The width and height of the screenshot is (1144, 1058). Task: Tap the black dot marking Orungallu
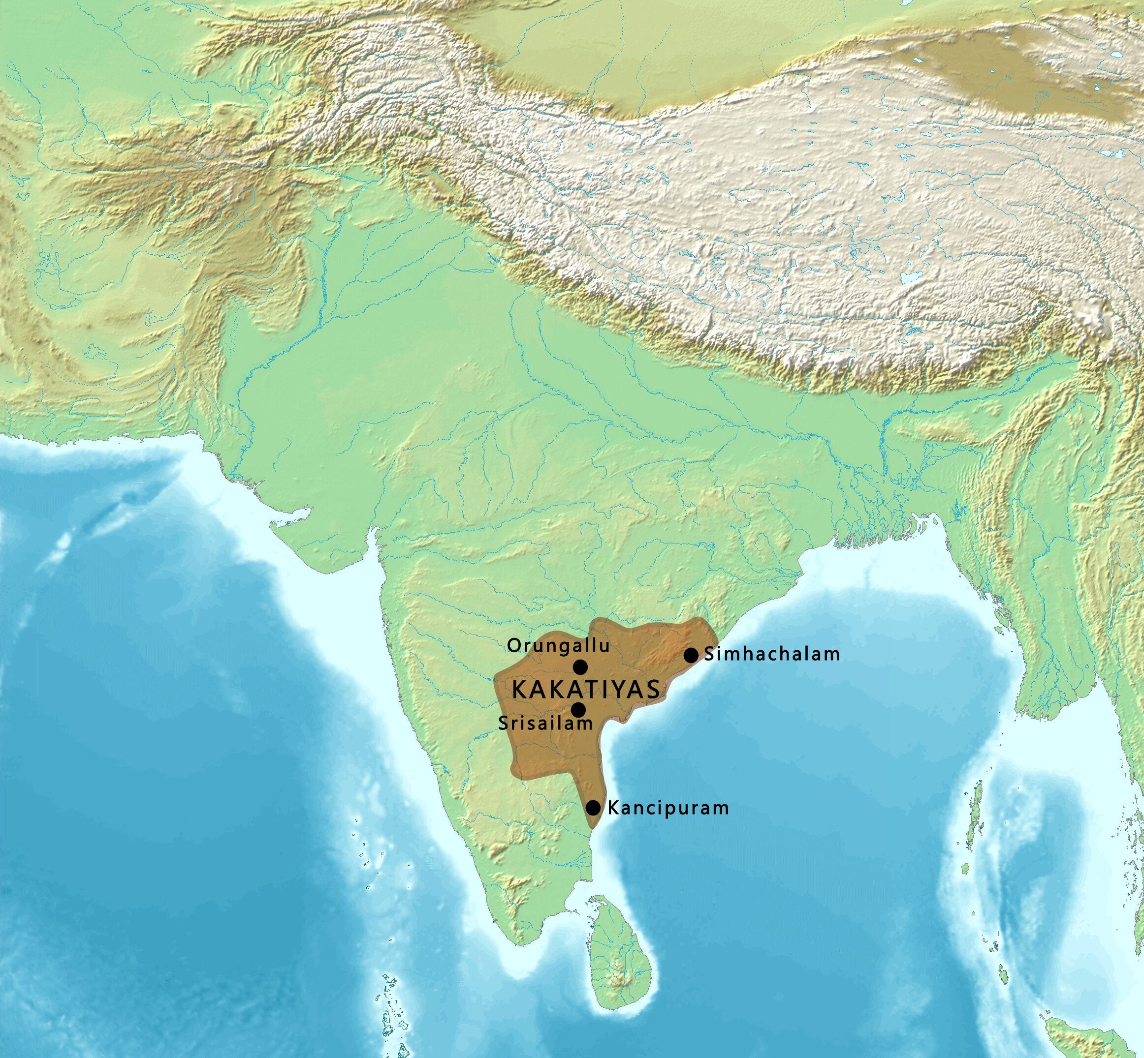(580, 667)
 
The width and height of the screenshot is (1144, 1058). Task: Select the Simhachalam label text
(772, 654)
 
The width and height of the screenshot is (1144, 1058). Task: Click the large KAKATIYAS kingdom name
(585, 689)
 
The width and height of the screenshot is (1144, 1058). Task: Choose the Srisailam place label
(545, 724)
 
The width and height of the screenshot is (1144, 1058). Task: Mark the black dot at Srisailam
(578, 710)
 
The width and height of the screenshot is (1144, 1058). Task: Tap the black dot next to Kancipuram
(594, 808)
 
